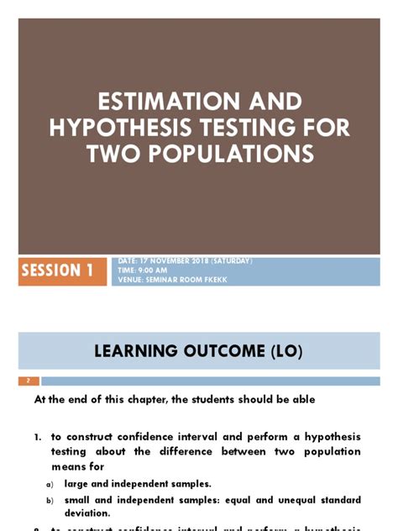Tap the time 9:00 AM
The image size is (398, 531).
[151, 271]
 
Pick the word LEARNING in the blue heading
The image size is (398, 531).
[134, 350]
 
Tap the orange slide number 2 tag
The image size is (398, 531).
[29, 381]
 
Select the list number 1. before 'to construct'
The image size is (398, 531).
[39, 437]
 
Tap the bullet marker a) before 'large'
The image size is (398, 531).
[50, 484]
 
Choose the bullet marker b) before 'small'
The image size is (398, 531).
[50, 501]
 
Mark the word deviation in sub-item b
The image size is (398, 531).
[86, 513]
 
